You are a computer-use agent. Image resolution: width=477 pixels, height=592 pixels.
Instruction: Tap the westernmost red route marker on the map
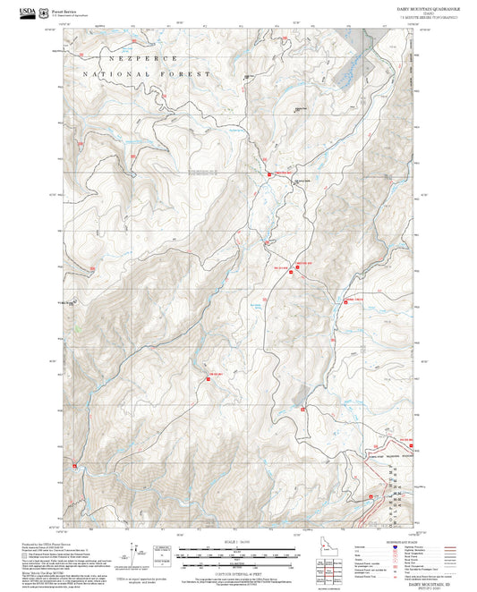point(76,466)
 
